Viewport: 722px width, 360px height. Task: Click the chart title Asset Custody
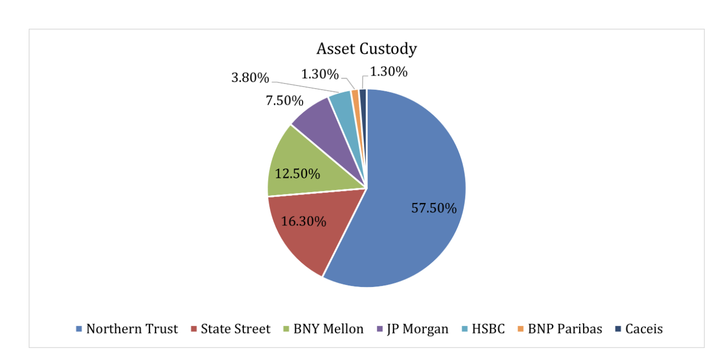click(x=367, y=49)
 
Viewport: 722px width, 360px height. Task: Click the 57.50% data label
click(x=434, y=209)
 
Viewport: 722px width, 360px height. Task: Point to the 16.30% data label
click(x=304, y=221)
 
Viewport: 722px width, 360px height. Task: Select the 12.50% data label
click(x=297, y=174)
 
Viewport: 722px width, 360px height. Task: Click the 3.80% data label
click(x=250, y=78)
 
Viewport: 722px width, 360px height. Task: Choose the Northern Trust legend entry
click(x=127, y=329)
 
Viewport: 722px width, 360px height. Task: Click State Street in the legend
click(x=231, y=329)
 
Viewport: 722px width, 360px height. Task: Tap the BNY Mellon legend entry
click(x=323, y=329)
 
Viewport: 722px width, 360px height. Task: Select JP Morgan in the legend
click(x=412, y=329)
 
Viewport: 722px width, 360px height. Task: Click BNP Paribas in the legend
click(x=560, y=329)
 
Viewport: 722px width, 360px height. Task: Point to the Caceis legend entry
click(x=639, y=329)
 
